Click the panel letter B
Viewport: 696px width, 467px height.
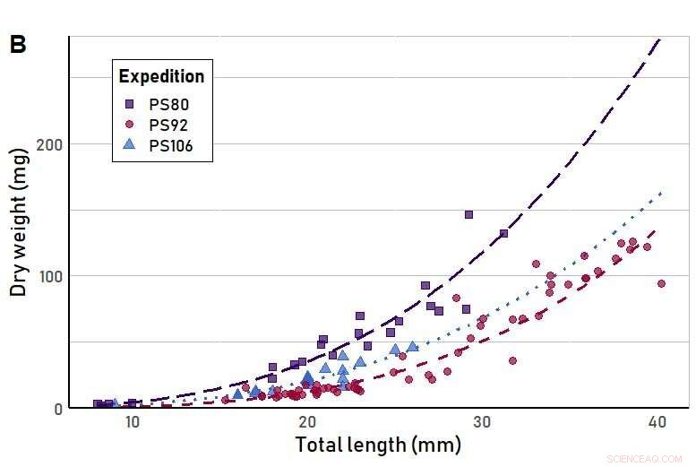(18, 46)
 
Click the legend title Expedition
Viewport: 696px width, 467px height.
(161, 76)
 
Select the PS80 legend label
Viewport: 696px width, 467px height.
(168, 104)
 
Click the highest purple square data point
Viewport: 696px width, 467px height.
(468, 215)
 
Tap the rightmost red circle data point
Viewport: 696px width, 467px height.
(662, 283)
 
